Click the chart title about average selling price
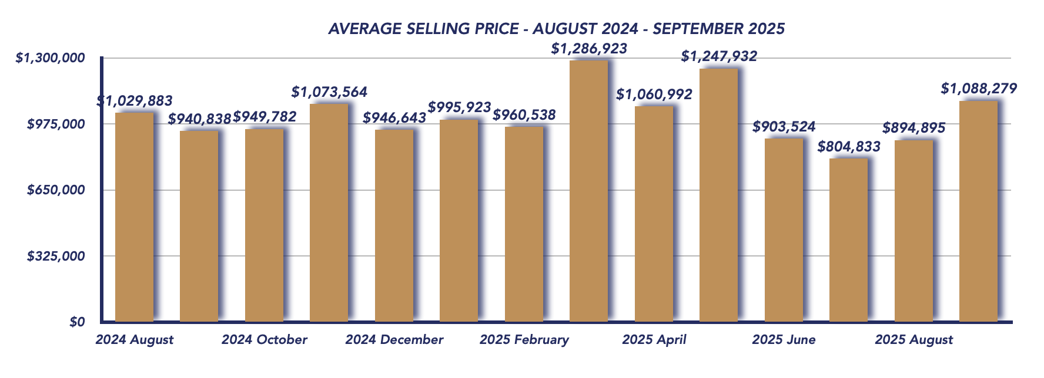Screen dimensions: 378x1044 coord(556,29)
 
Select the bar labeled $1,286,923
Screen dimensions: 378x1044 coord(588,191)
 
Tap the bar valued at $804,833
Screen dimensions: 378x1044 coord(848,240)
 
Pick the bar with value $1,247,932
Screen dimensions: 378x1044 coord(718,195)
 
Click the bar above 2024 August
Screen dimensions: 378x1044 coord(134,217)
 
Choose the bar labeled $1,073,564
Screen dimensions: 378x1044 coord(329,212)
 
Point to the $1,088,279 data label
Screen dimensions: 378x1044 coord(979,89)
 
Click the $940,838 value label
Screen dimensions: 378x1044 coord(200,119)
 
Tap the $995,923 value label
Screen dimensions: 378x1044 coord(459,107)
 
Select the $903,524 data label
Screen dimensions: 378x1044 coord(784,126)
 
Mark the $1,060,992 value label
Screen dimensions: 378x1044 coord(654,94)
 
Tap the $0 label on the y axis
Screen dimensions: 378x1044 coord(77,322)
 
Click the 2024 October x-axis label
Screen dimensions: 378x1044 coord(265,340)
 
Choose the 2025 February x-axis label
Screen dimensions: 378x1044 coord(524,340)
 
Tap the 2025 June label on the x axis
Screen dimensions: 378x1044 coord(784,340)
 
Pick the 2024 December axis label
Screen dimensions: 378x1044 coord(394,340)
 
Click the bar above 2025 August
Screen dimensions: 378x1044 coord(913,231)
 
